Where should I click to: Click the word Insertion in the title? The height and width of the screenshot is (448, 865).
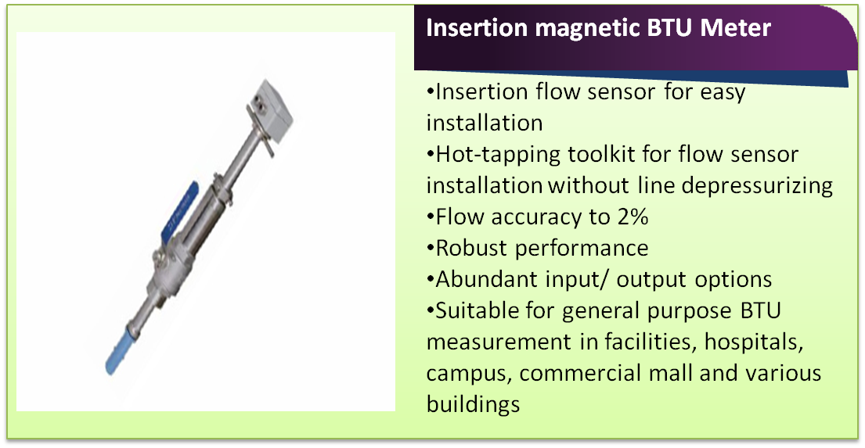476,27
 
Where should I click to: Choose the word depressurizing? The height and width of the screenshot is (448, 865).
757,186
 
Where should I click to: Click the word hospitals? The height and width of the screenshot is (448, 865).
754,342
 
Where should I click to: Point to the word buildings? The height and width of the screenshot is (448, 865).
473,405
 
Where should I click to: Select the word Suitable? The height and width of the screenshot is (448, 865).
476,310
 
